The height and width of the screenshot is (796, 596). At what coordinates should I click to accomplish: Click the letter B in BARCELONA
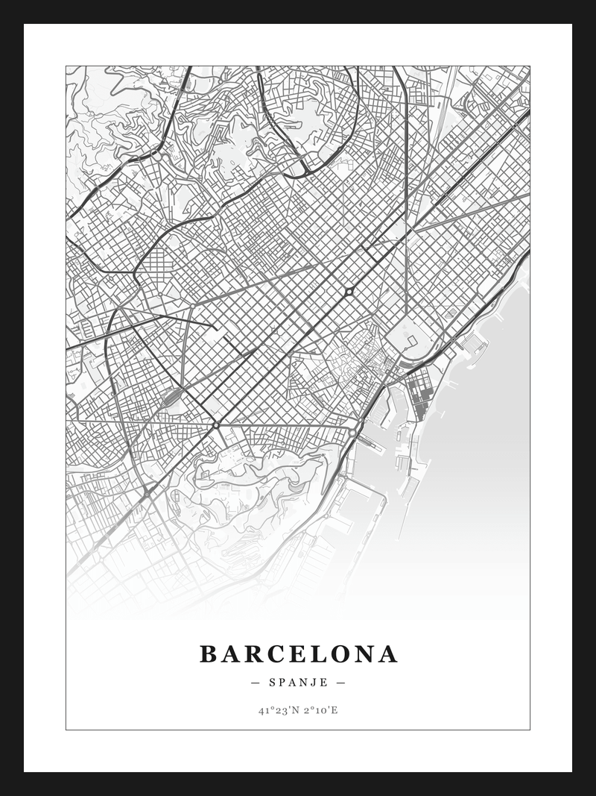click(x=209, y=654)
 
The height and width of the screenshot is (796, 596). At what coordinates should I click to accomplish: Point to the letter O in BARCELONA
click(x=342, y=654)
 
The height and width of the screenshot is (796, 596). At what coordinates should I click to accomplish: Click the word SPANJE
click(x=298, y=683)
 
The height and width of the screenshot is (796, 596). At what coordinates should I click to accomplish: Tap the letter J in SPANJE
click(x=314, y=683)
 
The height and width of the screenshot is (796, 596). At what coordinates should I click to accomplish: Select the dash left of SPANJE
click(x=256, y=683)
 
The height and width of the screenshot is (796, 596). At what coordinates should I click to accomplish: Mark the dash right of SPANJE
click(x=340, y=683)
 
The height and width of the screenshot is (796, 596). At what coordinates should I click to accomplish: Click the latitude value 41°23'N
click(x=278, y=710)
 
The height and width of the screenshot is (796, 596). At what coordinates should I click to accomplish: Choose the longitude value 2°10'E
click(x=320, y=710)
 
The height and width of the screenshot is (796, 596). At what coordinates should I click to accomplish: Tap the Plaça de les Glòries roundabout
click(x=348, y=291)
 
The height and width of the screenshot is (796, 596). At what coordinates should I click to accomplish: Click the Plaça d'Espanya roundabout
click(x=216, y=424)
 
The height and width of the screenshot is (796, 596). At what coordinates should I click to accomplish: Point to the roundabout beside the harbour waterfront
click(x=352, y=431)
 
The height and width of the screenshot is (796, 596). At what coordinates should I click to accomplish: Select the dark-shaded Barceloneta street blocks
click(x=419, y=392)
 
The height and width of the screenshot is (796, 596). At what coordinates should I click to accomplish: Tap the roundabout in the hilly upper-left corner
click(x=157, y=157)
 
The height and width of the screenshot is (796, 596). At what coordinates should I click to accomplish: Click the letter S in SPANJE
click(x=273, y=683)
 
